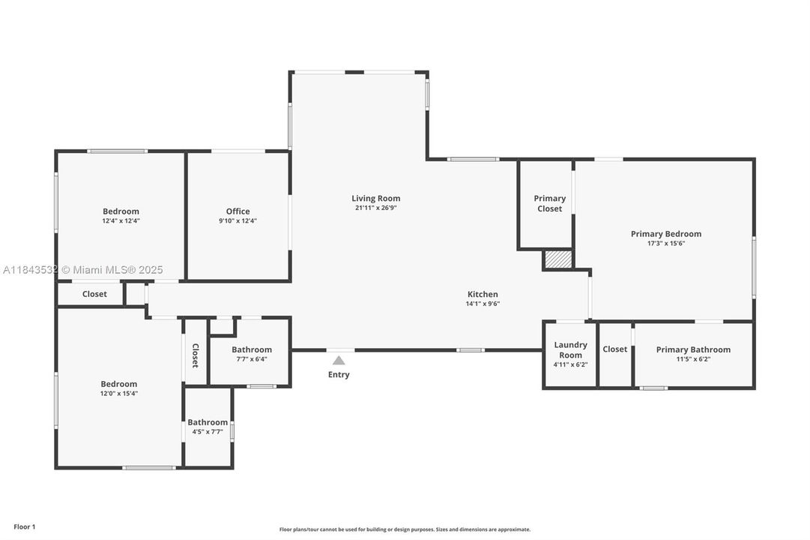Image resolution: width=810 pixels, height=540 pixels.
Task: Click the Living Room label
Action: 375,199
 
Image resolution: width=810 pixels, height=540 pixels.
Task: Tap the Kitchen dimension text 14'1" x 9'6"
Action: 483,304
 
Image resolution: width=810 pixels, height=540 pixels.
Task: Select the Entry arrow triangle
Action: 339,361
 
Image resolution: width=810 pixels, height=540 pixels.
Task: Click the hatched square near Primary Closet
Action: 557,259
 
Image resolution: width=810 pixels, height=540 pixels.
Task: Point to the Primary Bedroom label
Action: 665,234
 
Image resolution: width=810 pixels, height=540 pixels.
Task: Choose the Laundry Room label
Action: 570,349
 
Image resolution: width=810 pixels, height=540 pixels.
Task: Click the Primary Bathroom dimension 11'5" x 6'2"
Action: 693,359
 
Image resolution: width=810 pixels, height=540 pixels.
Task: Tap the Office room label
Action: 238,211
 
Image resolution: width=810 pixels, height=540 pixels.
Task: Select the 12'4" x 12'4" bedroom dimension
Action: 121,221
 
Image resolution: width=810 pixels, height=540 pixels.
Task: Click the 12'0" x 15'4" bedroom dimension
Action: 119,393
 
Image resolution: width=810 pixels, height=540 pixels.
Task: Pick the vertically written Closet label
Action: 195,355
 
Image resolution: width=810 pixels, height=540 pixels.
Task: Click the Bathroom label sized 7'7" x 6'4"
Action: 251,349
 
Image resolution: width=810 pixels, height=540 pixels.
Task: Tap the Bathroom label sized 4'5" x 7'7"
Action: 208,422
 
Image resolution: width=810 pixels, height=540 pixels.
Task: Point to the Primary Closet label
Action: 549,203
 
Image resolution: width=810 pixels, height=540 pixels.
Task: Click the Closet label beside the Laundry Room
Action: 614,349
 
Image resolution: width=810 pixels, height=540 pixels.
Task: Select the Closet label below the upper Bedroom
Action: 94,294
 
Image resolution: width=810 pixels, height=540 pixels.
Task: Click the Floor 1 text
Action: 24,527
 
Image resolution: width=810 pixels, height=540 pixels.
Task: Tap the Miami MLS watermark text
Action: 82,270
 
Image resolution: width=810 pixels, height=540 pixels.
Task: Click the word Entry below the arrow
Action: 339,375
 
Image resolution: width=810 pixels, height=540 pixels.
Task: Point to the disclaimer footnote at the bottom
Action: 405,529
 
